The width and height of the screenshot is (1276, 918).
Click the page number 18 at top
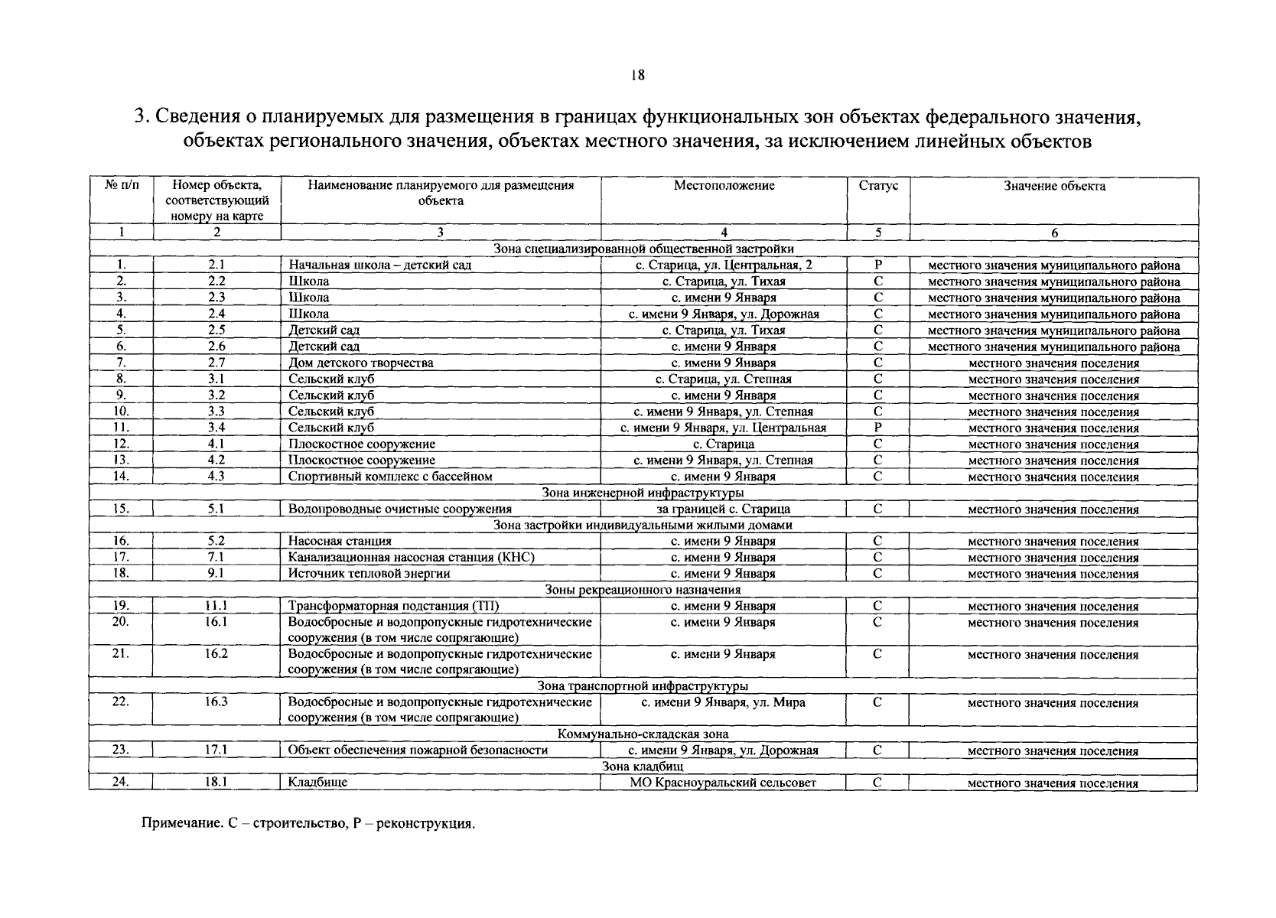pyautogui.click(x=638, y=75)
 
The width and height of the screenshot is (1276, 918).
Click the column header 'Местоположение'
pyautogui.click(x=724, y=185)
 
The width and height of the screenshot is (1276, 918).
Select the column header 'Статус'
pyautogui.click(x=878, y=185)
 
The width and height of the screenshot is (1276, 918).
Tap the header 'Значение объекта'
pyautogui.click(x=1053, y=186)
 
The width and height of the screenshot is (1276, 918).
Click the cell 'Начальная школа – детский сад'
pyautogui.click(x=379, y=265)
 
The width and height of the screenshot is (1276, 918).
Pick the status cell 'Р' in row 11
pyautogui.click(x=878, y=428)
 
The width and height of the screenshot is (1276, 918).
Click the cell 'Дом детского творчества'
pyautogui.click(x=360, y=363)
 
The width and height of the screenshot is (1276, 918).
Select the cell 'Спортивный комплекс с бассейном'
pyautogui.click(x=389, y=476)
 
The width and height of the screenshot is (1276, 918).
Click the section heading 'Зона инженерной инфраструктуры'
pyautogui.click(x=643, y=493)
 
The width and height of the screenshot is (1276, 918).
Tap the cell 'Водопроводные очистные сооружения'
pyautogui.click(x=399, y=509)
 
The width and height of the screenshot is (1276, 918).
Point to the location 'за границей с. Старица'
pyautogui.click(x=723, y=509)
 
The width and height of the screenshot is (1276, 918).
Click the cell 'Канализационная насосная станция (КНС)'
pyautogui.click(x=411, y=557)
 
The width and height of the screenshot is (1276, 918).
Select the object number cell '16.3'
pyautogui.click(x=216, y=702)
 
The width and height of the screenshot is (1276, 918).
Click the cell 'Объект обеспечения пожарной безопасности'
pyautogui.click(x=418, y=750)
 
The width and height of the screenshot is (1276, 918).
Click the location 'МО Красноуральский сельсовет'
pyautogui.click(x=723, y=783)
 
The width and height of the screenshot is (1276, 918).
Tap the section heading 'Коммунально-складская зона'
pyautogui.click(x=643, y=734)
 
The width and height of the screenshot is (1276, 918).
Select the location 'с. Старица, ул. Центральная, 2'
pyautogui.click(x=724, y=265)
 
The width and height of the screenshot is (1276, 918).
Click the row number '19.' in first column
pyautogui.click(x=121, y=606)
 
